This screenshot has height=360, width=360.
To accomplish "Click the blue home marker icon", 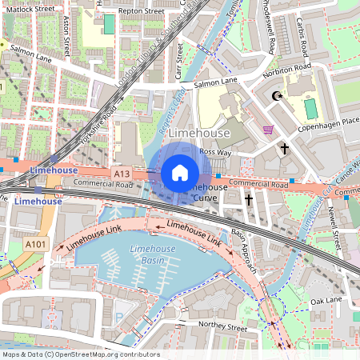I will click(x=180, y=172).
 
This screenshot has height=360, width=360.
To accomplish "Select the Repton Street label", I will click(x=141, y=12).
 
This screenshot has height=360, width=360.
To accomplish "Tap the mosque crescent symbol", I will click(x=278, y=97).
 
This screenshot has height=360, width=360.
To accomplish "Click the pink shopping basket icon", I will click(x=268, y=130).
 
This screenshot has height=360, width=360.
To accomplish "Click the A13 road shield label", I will click(x=122, y=173).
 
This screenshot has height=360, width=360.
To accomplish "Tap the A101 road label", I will click(x=35, y=244).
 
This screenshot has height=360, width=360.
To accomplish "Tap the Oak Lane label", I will click(x=326, y=301).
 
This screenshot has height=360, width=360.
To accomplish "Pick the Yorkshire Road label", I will click(x=98, y=125).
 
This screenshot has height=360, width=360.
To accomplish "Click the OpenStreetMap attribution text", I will click(x=80, y=354).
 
